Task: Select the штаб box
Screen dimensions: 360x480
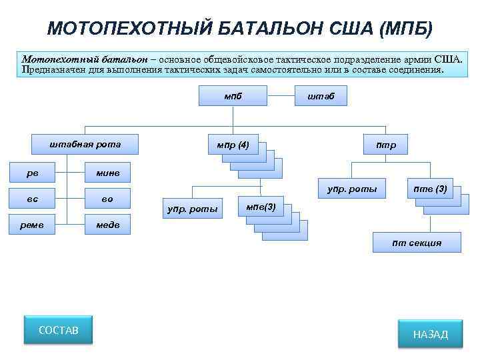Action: pyautogui.click(x=321, y=96)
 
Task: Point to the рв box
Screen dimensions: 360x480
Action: pyautogui.click(x=33, y=173)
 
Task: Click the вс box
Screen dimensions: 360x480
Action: pyautogui.click(x=33, y=199)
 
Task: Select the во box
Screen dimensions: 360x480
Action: pyautogui.click(x=107, y=199)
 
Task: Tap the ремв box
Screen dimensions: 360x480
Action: pyautogui.click(x=33, y=225)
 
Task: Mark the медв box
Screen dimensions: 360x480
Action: pyautogui.click(x=107, y=225)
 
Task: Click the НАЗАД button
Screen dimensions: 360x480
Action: pyautogui.click(x=431, y=334)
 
